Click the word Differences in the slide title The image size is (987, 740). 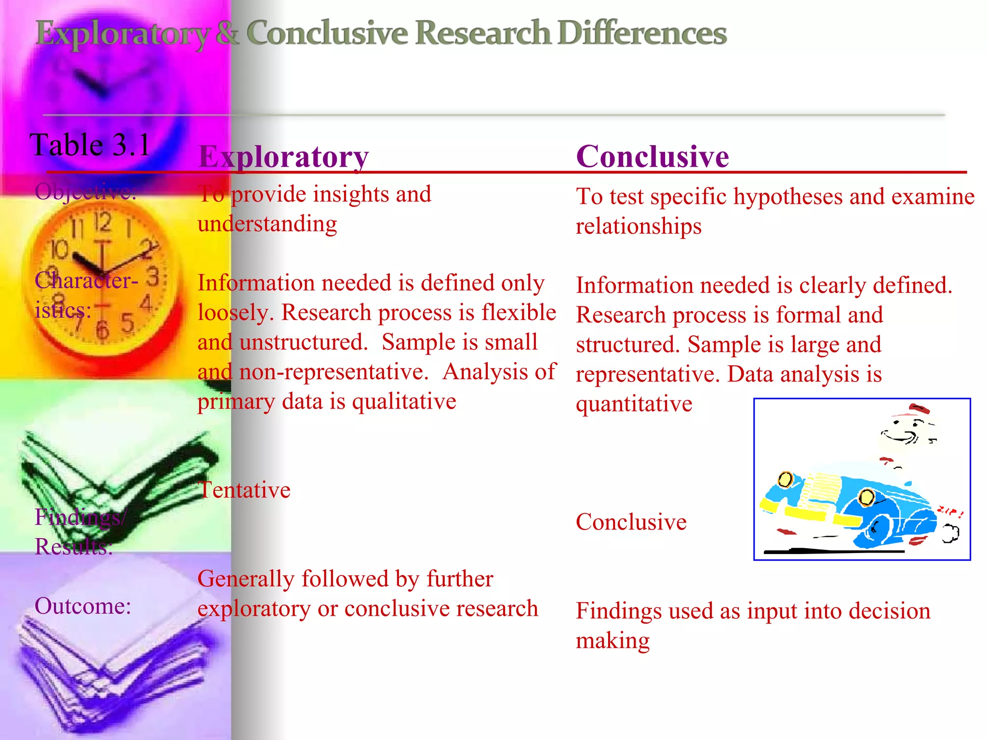[x=642, y=34]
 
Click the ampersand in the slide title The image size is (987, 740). [x=227, y=34]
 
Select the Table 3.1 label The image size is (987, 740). [x=90, y=145]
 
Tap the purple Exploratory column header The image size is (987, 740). [x=283, y=157]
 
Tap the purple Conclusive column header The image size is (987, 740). [x=652, y=157]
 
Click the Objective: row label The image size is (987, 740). [x=85, y=192]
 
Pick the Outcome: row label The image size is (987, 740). [x=83, y=606]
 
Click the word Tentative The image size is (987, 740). [x=244, y=490]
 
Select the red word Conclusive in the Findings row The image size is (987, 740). [x=631, y=522]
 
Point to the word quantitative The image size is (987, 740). [x=634, y=404]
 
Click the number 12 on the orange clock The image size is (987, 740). [x=102, y=222]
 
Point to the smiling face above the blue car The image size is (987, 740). [x=905, y=430]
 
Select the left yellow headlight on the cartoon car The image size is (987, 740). [x=785, y=479]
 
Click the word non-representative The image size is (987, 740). [x=333, y=372]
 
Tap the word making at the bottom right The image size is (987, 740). [x=613, y=641]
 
